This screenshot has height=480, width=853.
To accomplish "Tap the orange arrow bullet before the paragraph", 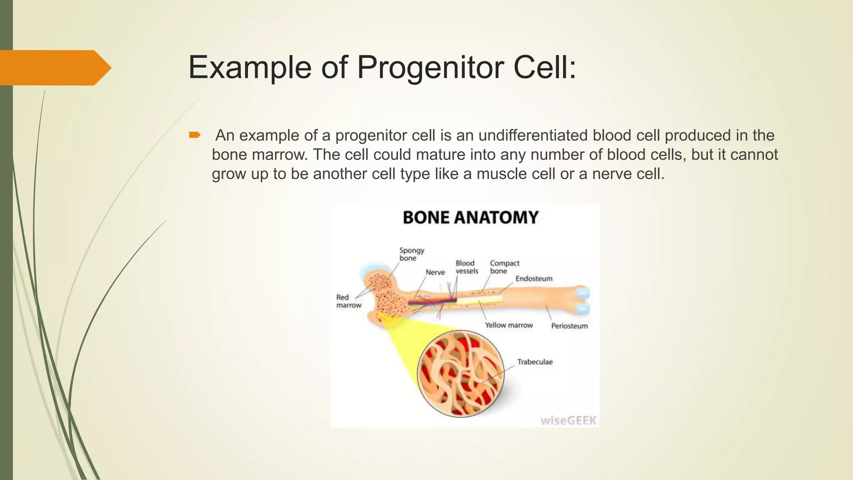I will (x=195, y=135).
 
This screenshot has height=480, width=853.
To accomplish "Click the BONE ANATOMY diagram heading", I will (x=471, y=217).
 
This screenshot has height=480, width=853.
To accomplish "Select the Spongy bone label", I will (x=412, y=254).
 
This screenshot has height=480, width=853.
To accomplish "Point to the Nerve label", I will (x=435, y=272).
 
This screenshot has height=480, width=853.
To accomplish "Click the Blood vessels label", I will (x=466, y=267).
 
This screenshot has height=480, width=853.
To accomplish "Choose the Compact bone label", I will (x=504, y=267).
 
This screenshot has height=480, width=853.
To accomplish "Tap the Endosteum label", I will (x=534, y=279).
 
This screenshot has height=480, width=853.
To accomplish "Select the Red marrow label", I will (x=349, y=301).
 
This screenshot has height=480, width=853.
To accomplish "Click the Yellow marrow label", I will (x=509, y=325).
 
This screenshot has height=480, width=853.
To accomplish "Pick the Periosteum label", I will (x=569, y=326).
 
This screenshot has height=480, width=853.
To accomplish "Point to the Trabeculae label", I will (x=535, y=362).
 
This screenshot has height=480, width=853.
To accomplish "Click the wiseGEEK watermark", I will (x=569, y=420).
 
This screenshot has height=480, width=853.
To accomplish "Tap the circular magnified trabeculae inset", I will (x=461, y=374).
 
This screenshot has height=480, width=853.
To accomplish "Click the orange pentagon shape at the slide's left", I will (x=54, y=68).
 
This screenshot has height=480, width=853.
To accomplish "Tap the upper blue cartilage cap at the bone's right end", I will (x=582, y=292).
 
